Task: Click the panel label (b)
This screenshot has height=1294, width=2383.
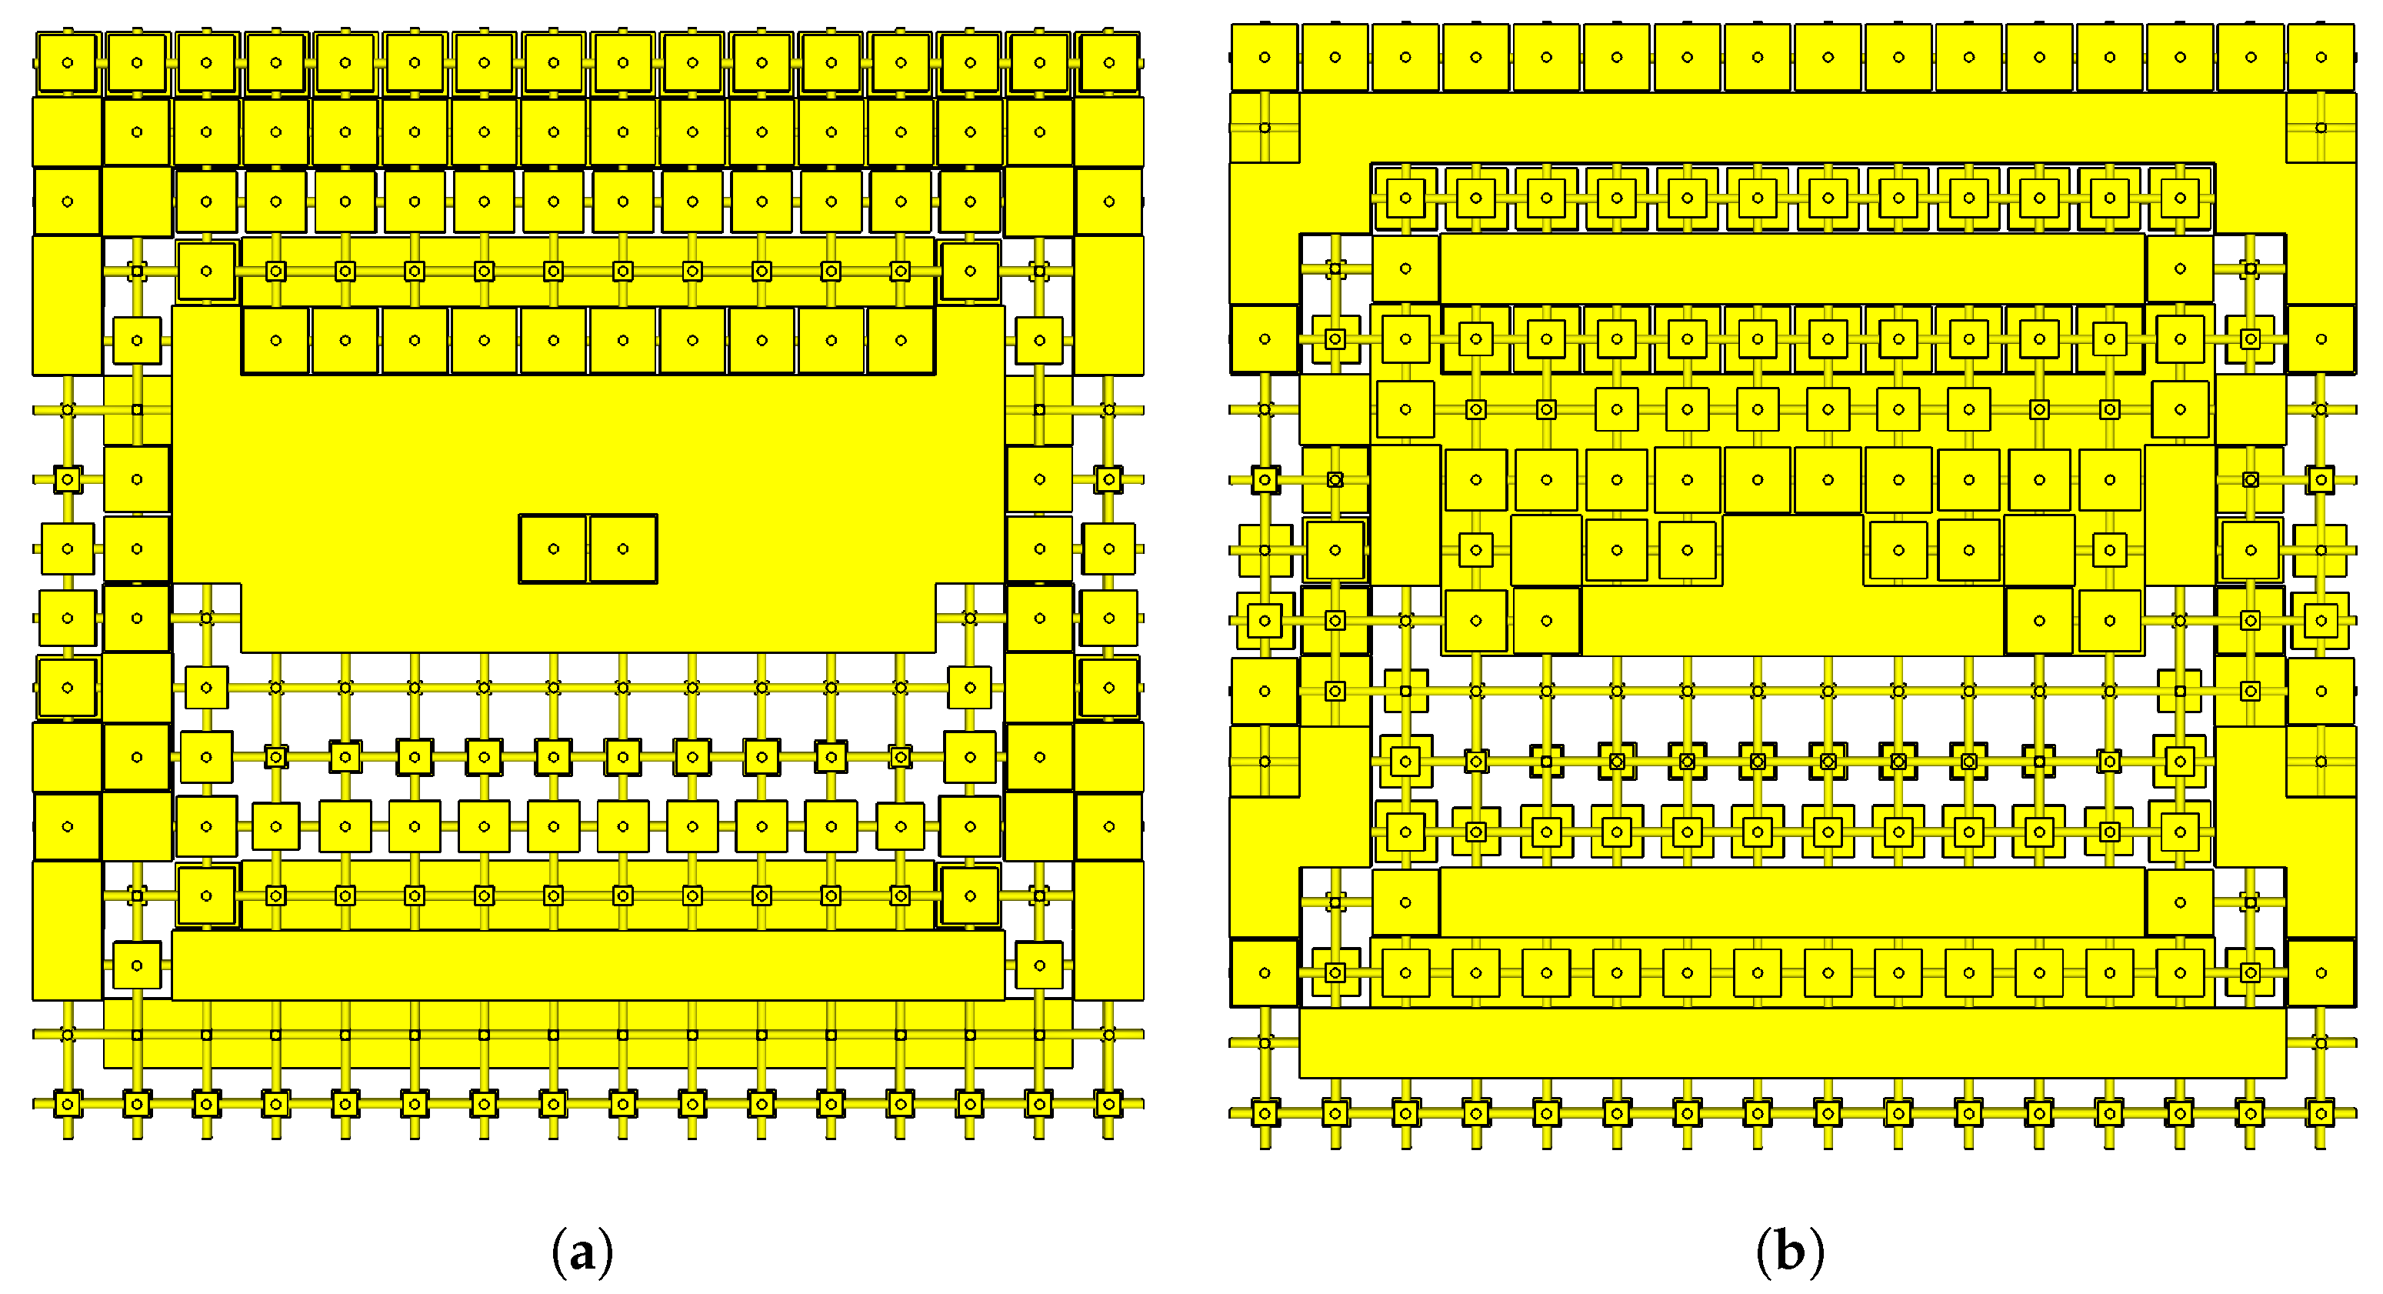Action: point(1790,1252)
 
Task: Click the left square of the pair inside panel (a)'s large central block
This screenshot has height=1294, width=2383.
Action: point(553,549)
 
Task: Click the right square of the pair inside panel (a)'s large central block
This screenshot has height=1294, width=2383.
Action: point(622,549)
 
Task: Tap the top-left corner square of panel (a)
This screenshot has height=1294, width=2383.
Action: point(68,63)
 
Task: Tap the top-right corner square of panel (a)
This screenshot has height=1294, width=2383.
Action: point(1108,63)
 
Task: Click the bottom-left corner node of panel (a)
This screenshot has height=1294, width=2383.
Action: point(68,1103)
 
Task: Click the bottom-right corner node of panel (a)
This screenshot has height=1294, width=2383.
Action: point(1108,1103)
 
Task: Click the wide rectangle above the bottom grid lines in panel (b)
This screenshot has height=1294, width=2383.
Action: point(1792,1042)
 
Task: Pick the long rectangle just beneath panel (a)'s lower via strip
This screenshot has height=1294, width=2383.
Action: point(588,965)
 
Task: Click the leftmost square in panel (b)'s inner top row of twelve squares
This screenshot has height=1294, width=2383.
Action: point(1405,198)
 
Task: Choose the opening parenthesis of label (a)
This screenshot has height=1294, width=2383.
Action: point(558,1253)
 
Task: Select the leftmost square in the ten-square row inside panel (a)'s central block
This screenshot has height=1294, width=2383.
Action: point(275,340)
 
